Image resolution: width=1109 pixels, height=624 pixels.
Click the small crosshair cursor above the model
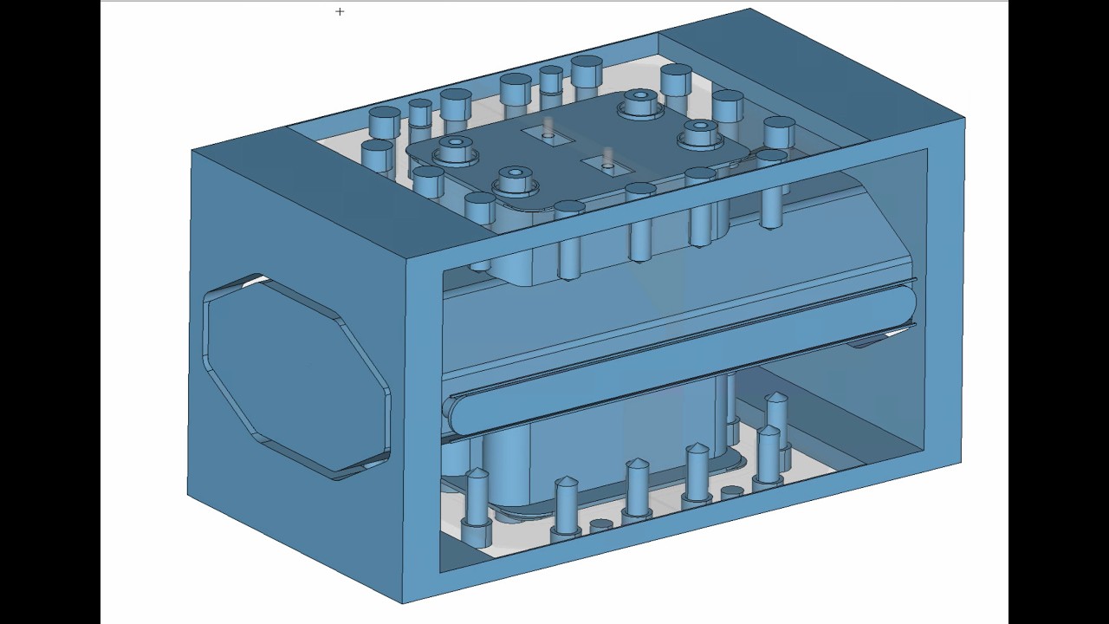340,11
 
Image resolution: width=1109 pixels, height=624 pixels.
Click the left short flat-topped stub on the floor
600,525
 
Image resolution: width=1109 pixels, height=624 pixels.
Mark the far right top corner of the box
964,120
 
